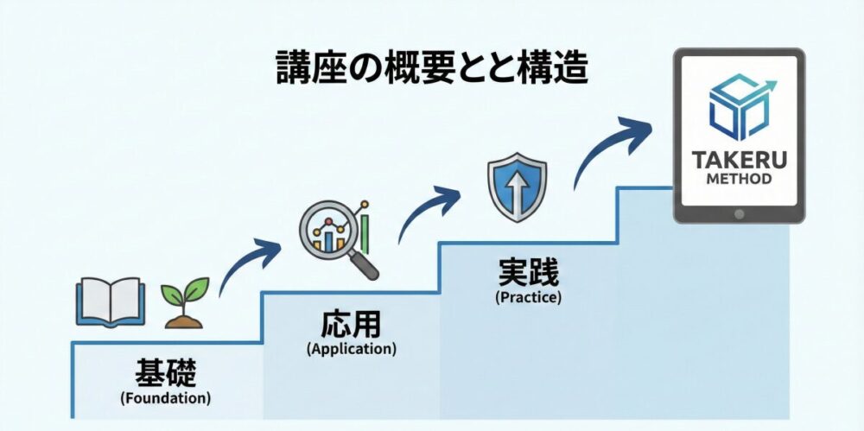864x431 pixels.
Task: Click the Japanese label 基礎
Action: click(x=166, y=374)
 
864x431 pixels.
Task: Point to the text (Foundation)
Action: click(x=166, y=399)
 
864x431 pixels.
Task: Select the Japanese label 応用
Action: click(x=351, y=326)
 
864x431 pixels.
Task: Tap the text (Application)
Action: click(x=351, y=350)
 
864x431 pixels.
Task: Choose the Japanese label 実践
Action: click(x=528, y=274)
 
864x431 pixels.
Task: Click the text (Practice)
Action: click(x=528, y=297)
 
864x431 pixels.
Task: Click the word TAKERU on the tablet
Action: click(x=739, y=161)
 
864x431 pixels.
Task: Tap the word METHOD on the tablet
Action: click(x=739, y=180)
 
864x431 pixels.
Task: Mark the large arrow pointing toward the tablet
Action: click(x=615, y=145)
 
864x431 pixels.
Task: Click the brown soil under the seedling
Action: click(x=185, y=321)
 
